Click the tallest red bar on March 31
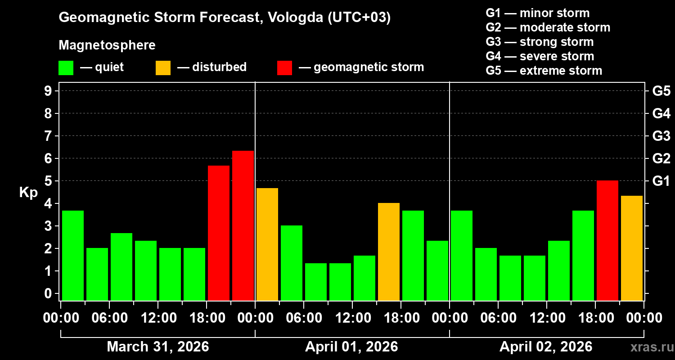(243, 225)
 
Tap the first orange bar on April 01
(267, 244)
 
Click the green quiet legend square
(66, 68)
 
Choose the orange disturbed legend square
(163, 68)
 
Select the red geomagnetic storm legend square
(284, 68)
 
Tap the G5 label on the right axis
(661, 91)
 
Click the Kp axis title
(28, 193)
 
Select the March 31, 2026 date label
(157, 347)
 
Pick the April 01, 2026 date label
(351, 347)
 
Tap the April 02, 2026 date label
(546, 347)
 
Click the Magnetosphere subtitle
(107, 45)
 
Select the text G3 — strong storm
(540, 42)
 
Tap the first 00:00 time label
(61, 318)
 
